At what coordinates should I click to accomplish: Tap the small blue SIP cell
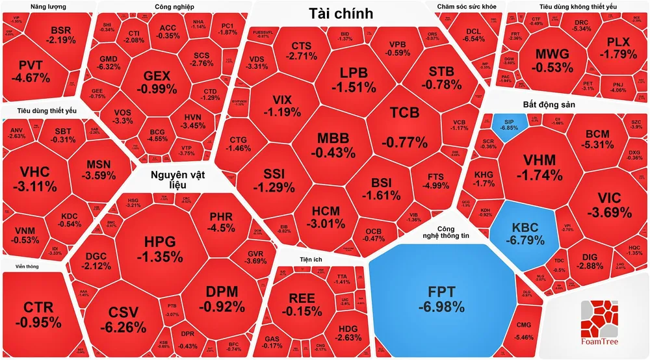[506, 123]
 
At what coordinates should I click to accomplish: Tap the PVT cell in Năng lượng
[33, 70]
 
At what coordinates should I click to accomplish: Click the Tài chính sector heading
[340, 13]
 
